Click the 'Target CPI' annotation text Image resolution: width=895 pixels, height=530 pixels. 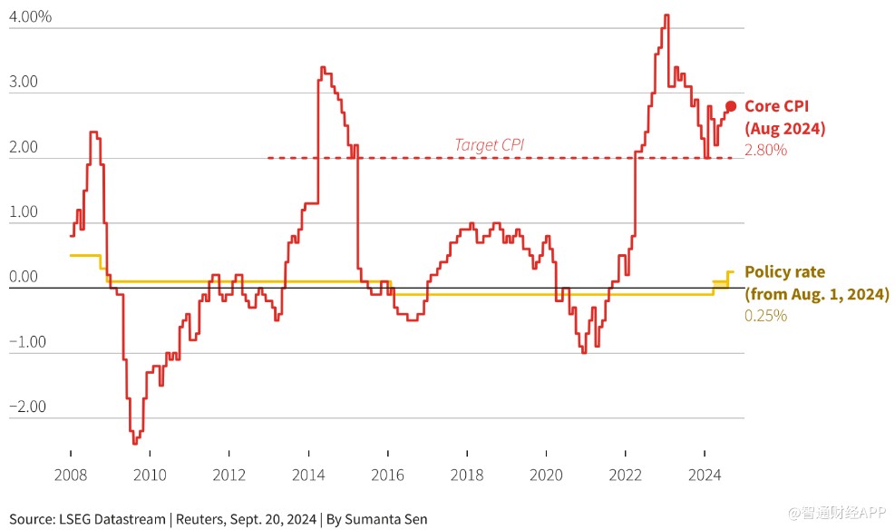489,143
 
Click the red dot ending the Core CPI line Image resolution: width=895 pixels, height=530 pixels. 731,106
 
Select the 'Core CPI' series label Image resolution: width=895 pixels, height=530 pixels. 776,106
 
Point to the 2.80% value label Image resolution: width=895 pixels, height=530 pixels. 765,150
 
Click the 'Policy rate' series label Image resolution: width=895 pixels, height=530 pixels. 785,272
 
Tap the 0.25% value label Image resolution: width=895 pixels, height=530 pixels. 765,316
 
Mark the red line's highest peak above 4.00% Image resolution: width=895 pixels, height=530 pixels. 666,15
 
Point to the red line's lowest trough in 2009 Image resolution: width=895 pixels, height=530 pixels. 134,443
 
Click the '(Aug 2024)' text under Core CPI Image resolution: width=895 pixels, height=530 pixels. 785,129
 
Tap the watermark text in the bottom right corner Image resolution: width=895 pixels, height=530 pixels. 836,514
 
